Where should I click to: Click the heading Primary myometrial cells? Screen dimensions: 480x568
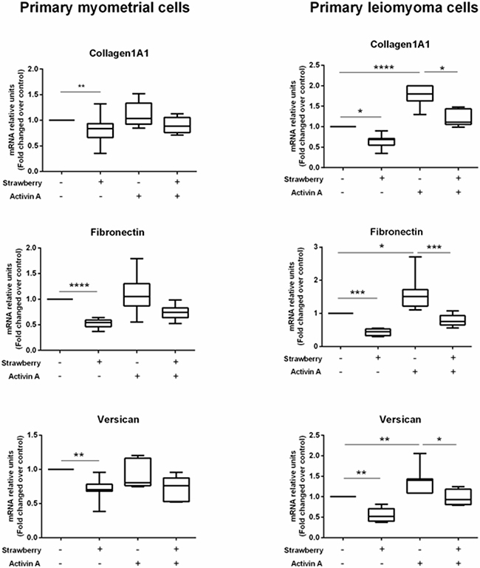(x=105, y=7)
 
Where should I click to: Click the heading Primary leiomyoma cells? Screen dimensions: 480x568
(x=394, y=7)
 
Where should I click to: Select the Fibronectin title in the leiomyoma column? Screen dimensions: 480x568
(x=396, y=231)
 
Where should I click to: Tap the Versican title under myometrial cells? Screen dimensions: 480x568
(x=118, y=419)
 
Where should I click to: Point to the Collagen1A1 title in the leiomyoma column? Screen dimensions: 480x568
(x=400, y=44)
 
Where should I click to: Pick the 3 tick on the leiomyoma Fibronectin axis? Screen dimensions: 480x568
(x=315, y=247)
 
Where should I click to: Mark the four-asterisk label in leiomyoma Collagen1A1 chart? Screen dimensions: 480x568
(x=383, y=67)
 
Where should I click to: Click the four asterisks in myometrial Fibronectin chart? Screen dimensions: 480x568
(x=79, y=285)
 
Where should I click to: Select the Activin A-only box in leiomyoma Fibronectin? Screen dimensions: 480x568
(x=415, y=298)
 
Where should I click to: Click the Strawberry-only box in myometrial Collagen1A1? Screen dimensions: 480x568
(x=100, y=130)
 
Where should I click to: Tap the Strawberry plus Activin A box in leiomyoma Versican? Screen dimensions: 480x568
(x=459, y=497)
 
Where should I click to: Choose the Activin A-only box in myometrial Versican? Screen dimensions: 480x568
(x=137, y=472)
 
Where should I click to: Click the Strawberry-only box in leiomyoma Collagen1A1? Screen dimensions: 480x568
(x=381, y=142)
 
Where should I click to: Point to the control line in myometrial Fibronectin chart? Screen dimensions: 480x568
(x=60, y=299)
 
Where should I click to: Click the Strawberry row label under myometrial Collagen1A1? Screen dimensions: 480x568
(x=22, y=183)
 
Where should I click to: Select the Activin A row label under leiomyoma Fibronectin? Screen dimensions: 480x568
(x=306, y=372)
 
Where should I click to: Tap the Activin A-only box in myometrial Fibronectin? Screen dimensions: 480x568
(x=137, y=295)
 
